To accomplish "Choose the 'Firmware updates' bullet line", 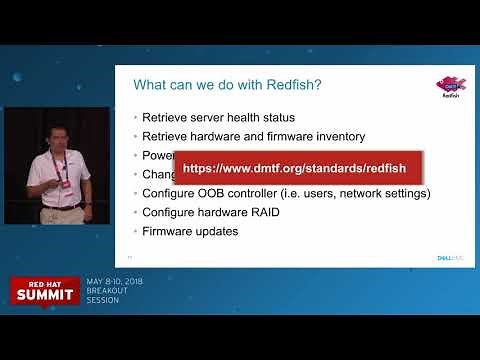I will (x=190, y=231).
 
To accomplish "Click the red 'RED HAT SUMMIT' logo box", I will (x=45, y=289).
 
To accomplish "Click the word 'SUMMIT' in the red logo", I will (x=45, y=295).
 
